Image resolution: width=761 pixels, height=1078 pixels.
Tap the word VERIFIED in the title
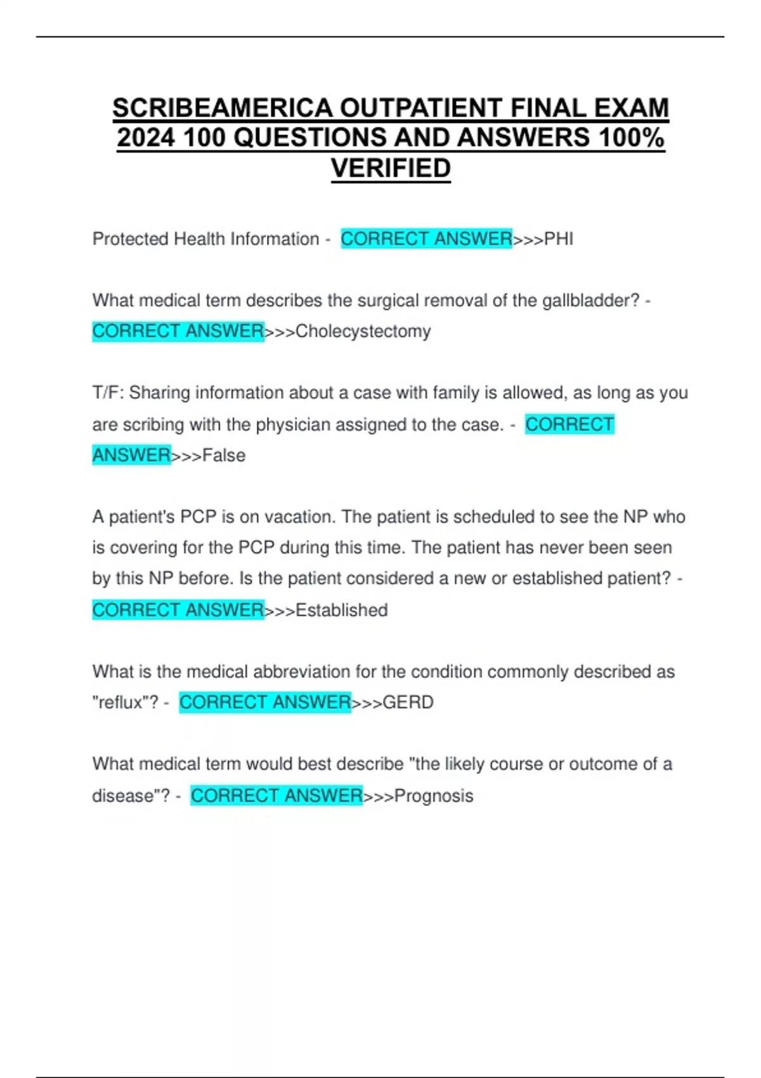391,168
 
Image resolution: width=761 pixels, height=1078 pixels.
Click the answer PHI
559,239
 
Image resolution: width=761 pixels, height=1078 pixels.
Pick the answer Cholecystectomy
363,331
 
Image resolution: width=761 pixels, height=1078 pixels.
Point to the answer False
224,455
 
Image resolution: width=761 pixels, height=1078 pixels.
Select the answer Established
341,610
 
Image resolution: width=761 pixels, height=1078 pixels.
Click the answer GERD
408,703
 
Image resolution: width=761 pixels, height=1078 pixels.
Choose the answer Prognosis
434,796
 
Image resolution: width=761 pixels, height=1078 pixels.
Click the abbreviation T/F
108,393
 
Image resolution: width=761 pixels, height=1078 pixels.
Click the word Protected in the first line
130,239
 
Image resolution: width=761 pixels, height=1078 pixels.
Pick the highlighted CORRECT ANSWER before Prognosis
276,795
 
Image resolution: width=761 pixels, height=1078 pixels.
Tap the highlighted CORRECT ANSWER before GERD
265,702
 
